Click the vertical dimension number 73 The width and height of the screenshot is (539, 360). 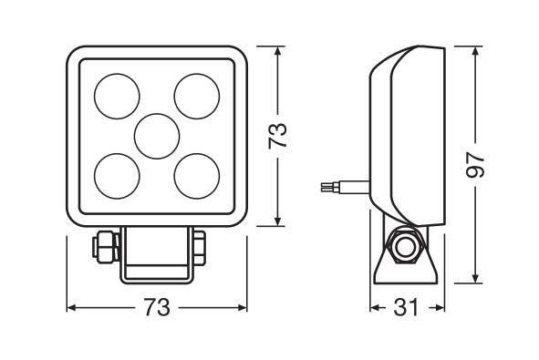coord(278,136)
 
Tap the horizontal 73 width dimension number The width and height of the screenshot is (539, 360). coord(157,307)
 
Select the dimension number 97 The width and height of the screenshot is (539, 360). coord(475,165)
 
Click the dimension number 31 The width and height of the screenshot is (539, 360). coord(407,307)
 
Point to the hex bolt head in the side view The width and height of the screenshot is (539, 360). coord(405,246)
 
